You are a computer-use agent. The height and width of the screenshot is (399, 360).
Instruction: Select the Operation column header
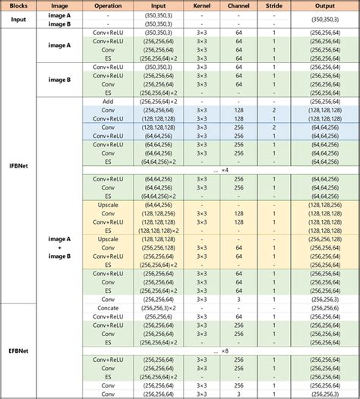pos(107,5)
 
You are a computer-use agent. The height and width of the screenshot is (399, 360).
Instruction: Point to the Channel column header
pos(238,5)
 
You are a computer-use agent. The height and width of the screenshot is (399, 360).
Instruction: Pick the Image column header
pos(58,5)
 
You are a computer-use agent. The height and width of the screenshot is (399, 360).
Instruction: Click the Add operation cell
pos(107,101)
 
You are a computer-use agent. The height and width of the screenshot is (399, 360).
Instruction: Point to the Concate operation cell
pos(107,309)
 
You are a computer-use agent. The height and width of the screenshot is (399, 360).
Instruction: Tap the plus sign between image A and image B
pos(58,247)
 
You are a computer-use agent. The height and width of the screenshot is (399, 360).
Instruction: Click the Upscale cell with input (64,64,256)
pos(107,204)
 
